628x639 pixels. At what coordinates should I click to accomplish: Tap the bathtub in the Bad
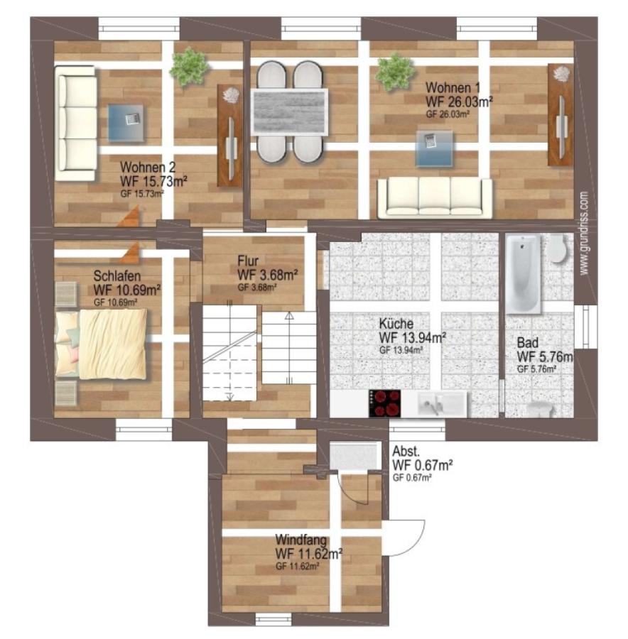[523, 274]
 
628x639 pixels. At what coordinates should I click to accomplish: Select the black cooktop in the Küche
[384, 403]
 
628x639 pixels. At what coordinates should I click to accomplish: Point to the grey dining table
[289, 112]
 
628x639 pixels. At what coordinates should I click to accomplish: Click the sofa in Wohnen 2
[76, 124]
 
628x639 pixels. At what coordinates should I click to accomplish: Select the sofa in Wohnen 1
[435, 197]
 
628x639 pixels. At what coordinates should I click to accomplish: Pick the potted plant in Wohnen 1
[395, 72]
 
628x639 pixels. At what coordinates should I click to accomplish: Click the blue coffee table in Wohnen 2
[126, 123]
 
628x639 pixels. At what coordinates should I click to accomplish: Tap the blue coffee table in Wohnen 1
[434, 148]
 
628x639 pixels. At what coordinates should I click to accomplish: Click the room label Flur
[248, 261]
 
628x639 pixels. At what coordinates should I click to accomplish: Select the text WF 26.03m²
[459, 102]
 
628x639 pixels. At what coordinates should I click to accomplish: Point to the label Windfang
[301, 540]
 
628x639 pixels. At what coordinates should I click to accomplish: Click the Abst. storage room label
[406, 451]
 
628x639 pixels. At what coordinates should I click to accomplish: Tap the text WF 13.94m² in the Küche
[412, 337]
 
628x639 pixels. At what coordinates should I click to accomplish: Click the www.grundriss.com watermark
[584, 233]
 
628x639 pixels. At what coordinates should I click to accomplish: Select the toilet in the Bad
[556, 248]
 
